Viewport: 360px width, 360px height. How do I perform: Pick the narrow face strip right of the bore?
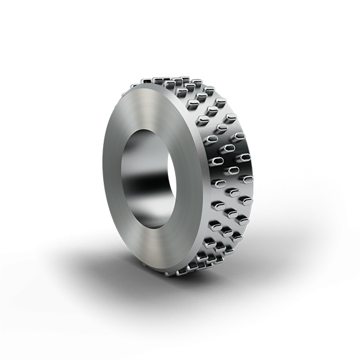point(185,180)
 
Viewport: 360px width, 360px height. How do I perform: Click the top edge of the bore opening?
point(150,131)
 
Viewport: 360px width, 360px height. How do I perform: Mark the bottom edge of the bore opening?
point(150,228)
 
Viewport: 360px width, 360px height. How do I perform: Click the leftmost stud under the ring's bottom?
point(170,273)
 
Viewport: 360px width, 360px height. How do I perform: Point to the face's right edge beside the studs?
point(197,180)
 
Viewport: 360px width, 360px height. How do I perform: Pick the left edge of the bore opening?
point(122,180)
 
